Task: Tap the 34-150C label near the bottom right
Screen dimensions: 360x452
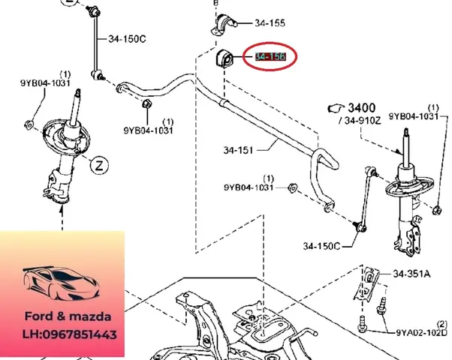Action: pos(322,245)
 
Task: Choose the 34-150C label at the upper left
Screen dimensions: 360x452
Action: pos(128,38)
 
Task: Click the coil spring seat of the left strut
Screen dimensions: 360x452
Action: pos(63,138)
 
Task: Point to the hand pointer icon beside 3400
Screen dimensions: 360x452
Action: pos(334,109)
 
